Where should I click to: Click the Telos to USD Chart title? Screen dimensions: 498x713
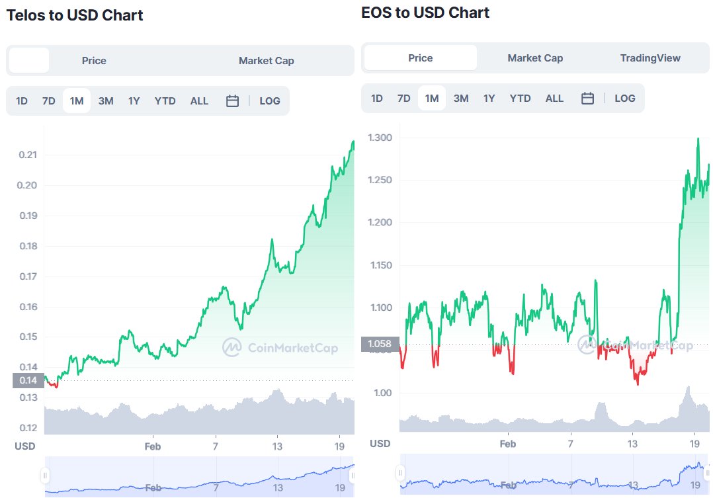[x=75, y=15]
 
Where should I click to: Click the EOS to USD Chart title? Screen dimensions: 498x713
[x=425, y=13]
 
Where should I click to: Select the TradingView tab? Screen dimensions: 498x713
[x=650, y=58]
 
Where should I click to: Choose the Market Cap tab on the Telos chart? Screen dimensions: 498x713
[x=266, y=61]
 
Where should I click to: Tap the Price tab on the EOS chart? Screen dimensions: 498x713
[x=420, y=58]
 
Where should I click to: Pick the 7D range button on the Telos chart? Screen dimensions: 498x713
[x=49, y=101]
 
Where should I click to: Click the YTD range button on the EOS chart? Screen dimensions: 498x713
[x=520, y=99]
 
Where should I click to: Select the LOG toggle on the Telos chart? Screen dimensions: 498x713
[x=269, y=101]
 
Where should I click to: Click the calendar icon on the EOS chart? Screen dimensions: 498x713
[x=587, y=99]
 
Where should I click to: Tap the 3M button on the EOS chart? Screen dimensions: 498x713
[x=461, y=99]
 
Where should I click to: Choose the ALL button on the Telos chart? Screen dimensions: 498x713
[x=199, y=101]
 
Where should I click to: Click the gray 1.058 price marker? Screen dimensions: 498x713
[x=380, y=344]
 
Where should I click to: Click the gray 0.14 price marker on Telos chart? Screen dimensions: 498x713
[x=28, y=380]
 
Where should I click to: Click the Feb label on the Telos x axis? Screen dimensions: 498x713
[x=153, y=446]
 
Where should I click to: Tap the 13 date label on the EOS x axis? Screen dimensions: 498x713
[x=633, y=444]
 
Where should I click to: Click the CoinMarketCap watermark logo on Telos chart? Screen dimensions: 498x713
[x=231, y=347]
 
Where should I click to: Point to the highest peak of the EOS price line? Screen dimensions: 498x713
[x=698, y=139]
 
